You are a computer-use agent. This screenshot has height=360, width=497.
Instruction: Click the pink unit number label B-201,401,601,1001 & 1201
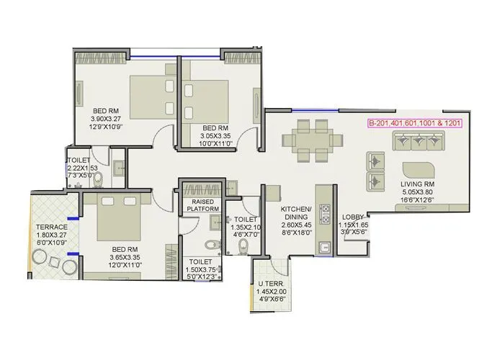click(414, 123)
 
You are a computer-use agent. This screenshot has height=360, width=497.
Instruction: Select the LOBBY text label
click(352, 217)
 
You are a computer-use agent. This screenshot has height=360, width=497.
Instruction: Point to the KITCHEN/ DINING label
click(295, 212)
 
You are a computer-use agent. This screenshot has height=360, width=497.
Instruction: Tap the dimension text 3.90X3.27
click(106, 119)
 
